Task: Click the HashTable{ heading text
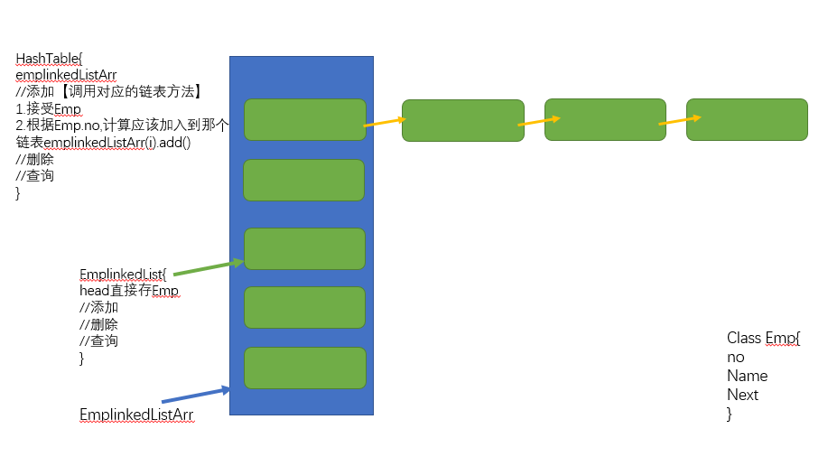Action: point(49,59)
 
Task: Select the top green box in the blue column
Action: point(304,119)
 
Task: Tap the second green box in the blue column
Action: point(303,180)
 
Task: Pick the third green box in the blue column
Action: point(304,248)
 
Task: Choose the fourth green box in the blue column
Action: point(304,307)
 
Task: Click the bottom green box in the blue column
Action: point(304,368)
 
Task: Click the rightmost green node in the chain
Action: point(747,120)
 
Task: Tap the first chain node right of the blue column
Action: point(462,120)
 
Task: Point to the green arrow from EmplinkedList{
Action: point(209,267)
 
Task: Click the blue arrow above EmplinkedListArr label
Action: point(196,395)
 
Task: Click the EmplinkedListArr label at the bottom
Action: point(136,415)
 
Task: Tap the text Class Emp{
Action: point(764,338)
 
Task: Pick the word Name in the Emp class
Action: point(747,376)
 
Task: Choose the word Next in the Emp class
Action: point(742,395)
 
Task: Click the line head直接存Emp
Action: point(129,291)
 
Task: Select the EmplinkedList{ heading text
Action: point(123,274)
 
